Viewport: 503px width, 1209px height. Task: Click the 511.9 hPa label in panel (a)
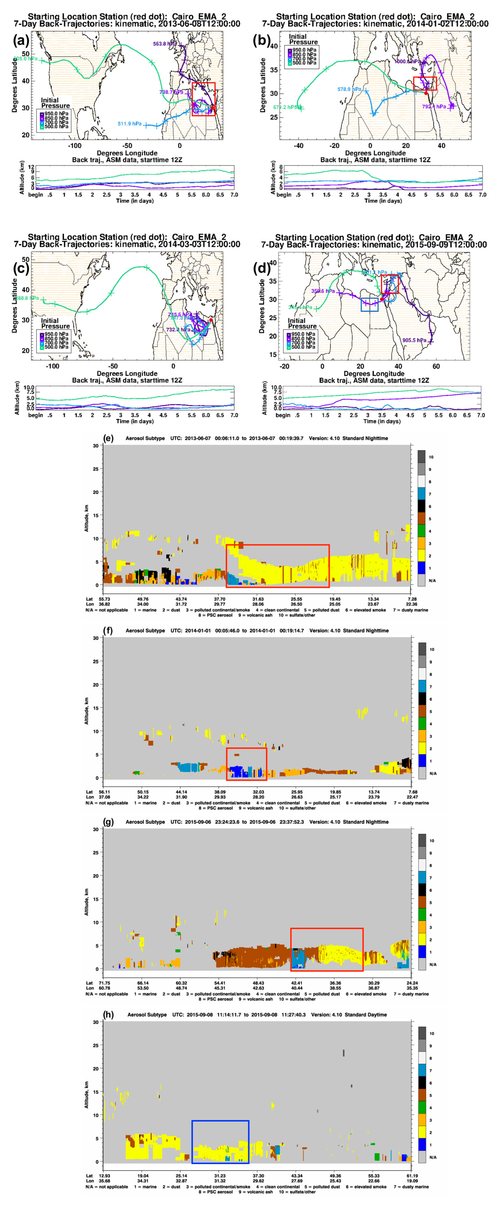[x=129, y=124]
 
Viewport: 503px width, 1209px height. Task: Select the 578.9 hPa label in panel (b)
[x=349, y=89]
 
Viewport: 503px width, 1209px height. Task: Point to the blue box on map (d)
[x=369, y=304]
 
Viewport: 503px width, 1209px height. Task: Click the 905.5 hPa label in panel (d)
[x=414, y=340]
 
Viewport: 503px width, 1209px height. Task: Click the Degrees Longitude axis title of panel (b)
[x=375, y=153]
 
